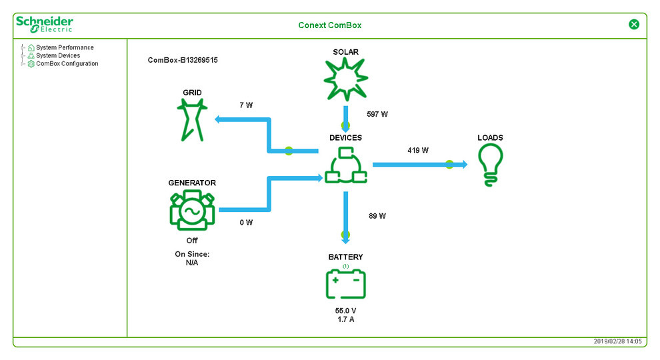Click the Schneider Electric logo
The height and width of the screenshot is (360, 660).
[44, 25]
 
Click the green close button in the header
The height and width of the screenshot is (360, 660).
[634, 25]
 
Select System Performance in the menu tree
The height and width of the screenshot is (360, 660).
[65, 48]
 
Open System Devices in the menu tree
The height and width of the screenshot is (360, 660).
[58, 56]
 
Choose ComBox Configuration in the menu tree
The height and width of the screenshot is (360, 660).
[67, 64]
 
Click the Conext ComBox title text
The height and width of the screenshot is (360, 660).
[329, 25]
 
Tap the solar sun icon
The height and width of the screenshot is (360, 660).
[345, 79]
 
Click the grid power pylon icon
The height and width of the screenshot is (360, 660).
[191, 120]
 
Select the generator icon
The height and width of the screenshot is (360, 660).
[192, 210]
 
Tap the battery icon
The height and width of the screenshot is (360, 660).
[345, 285]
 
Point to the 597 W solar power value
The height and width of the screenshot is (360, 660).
[377, 115]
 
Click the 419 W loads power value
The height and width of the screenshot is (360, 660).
[418, 151]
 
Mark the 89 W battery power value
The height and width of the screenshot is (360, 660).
[377, 216]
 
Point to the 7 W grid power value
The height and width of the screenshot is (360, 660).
[246, 105]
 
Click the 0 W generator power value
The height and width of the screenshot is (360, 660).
[246, 223]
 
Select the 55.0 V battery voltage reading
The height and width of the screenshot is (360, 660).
[345, 311]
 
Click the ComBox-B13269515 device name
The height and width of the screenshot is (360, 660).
[183, 60]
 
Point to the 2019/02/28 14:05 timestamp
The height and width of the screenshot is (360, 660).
[617, 341]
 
